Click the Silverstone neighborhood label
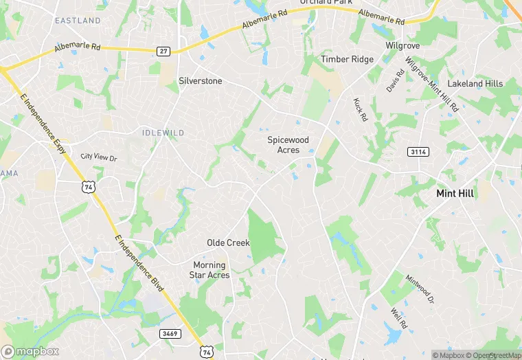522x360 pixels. click(200, 80)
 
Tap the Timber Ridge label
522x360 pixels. click(347, 59)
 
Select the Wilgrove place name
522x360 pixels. click(402, 45)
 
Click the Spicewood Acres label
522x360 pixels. click(288, 145)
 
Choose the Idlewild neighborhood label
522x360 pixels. click(163, 132)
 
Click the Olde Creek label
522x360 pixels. click(228, 243)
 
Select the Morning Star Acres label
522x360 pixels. click(209, 270)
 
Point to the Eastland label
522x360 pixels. click(78, 21)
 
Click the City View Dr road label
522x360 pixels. click(99, 157)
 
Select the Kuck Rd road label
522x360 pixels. click(360, 110)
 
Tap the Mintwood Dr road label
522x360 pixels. click(420, 289)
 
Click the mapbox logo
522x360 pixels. click(30, 351)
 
